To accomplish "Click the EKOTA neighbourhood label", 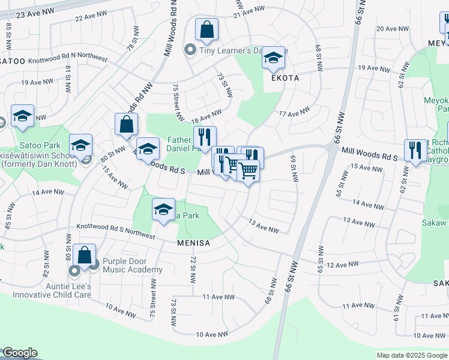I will pos(285,78).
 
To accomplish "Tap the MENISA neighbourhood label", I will pos(193,243).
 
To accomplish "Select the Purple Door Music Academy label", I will pos(132,265).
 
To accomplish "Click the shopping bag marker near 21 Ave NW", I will pos(206,30).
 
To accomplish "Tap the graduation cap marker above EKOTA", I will pos(273,59).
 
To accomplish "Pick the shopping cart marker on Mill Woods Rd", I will pos(248,172).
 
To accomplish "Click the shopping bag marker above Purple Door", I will pos(85,256).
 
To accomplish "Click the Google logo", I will pos(20,353).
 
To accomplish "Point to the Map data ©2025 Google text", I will pos(411,355).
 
